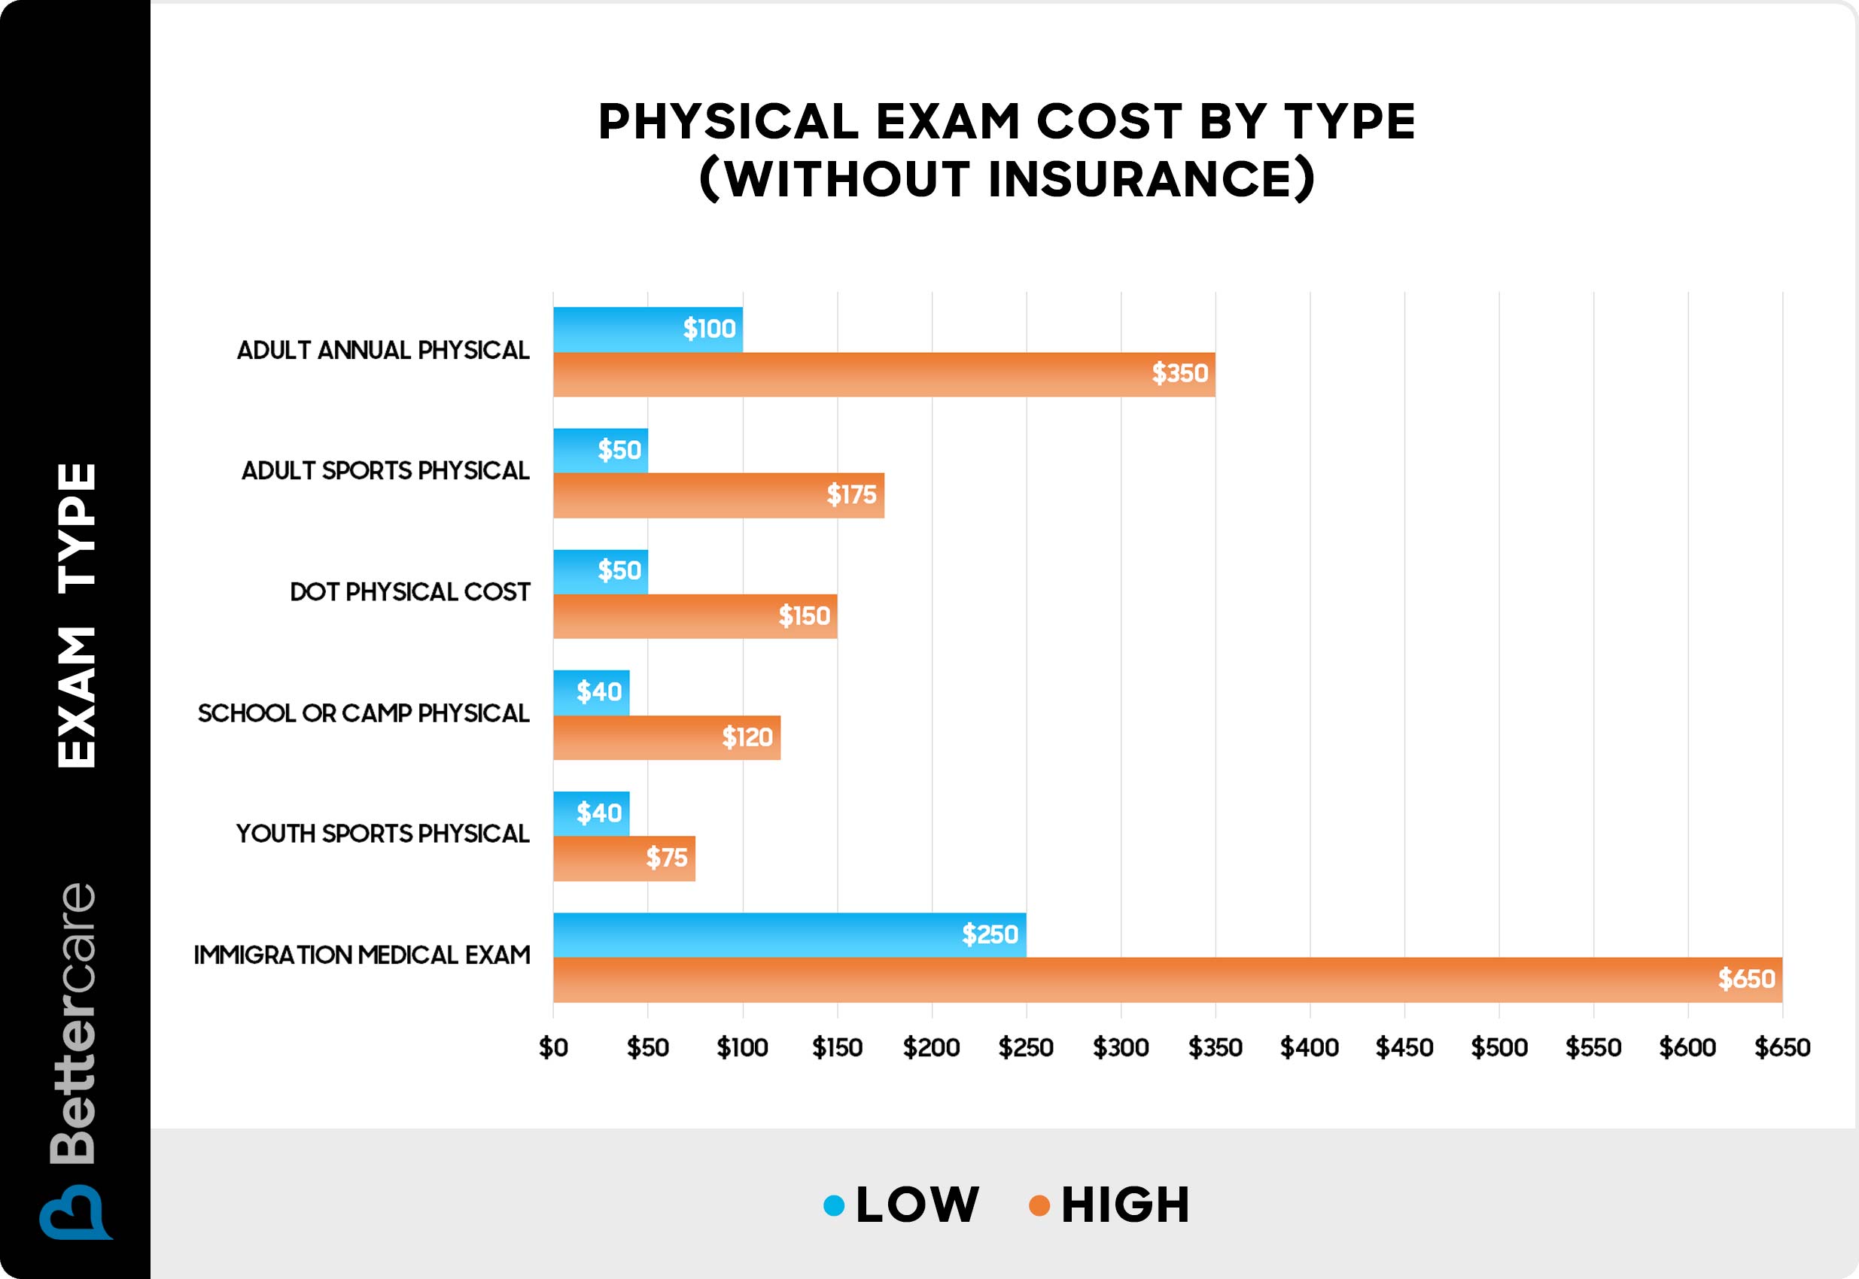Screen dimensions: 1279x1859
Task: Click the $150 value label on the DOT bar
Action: pos(804,616)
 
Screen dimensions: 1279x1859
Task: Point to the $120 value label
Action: pos(747,737)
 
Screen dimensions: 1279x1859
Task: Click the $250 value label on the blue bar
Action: pos(990,934)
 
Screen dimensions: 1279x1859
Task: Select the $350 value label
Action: pos(1179,373)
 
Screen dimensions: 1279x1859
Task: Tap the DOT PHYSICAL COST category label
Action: pos(409,592)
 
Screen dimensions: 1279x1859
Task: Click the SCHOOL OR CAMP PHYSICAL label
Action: pos(363,713)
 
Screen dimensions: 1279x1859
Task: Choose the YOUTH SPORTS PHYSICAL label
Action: pos(382,834)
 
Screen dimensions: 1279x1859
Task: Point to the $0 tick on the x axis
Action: pos(553,1047)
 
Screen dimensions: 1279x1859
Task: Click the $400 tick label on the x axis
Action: pos(1309,1047)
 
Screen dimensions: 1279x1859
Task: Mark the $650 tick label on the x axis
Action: pos(1782,1047)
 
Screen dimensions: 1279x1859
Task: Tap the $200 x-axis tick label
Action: pos(932,1047)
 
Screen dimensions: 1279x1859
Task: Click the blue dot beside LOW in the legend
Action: pos(834,1205)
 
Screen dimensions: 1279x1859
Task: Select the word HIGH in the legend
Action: pos(1124,1205)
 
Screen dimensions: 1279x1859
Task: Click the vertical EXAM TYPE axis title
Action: pos(77,615)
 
